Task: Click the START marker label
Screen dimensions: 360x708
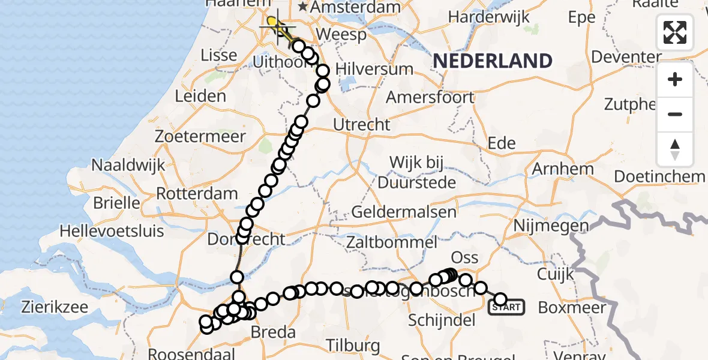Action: click(507, 308)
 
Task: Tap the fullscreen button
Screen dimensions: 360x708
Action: click(675, 32)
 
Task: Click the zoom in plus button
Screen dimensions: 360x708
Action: click(675, 79)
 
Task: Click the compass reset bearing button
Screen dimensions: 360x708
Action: click(675, 149)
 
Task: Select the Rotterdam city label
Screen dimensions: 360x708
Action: click(197, 194)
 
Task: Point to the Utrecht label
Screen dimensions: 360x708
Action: click(362, 125)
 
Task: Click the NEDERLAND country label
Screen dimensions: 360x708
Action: click(492, 61)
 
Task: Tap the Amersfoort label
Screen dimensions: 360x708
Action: click(430, 97)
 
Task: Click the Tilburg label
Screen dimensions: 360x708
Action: click(354, 346)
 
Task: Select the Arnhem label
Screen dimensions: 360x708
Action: click(562, 169)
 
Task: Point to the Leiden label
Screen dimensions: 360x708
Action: click(200, 96)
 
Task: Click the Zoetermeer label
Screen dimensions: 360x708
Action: click(200, 137)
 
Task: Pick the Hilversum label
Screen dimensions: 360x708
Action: click(374, 69)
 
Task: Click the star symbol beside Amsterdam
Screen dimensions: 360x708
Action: click(304, 7)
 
